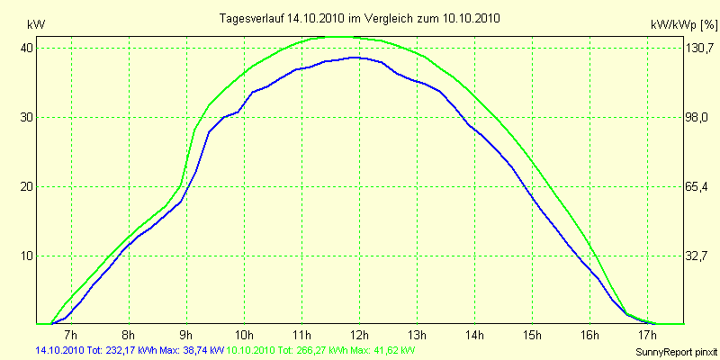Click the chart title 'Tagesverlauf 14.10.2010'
(360, 18)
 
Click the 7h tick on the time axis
(71, 336)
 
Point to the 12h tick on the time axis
(358, 336)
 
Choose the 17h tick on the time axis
(646, 336)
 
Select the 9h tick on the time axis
(186, 336)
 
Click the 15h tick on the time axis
(531, 336)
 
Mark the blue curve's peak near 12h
(355, 57)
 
